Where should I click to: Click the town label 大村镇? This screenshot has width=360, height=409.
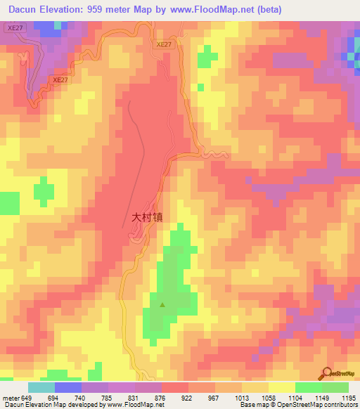147,218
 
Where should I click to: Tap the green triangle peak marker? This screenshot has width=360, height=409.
162,304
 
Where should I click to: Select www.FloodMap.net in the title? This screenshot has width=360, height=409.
212,10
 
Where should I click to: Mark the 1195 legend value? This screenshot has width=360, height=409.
348,398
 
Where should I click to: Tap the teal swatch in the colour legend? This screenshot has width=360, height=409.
41,387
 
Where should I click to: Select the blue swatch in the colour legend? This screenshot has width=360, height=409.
68,387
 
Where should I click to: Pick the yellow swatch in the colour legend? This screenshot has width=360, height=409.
282,387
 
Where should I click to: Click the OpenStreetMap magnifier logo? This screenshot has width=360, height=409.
326,374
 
